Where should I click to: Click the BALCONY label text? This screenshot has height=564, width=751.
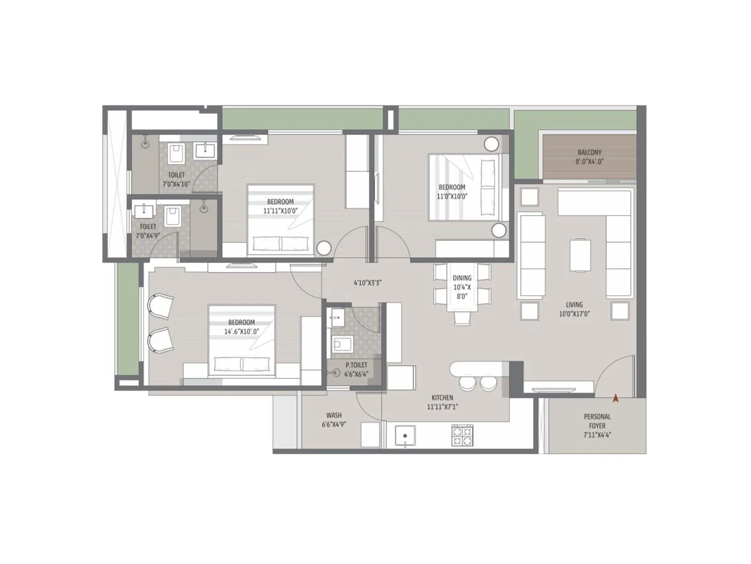pos(589,157)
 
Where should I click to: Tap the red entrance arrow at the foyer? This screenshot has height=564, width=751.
pos(615,398)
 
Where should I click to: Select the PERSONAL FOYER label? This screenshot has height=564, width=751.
pos(597,425)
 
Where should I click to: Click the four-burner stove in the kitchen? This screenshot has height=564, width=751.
pos(462,435)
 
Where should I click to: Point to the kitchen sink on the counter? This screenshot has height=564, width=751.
pos(405,436)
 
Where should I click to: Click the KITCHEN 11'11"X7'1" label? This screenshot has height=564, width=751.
pos(442,402)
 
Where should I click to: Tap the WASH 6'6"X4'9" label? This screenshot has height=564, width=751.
pos(334,420)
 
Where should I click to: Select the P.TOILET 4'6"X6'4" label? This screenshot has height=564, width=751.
pos(356,369)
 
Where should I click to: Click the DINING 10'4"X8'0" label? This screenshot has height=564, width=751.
pos(462,287)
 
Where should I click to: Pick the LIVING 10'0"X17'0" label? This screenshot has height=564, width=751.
pos(574,309)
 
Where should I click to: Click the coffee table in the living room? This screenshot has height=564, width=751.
pos(580,255)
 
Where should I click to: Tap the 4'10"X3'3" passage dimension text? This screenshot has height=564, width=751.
pos(368,283)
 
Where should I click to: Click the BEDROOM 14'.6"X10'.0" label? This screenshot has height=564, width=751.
pos(241,327)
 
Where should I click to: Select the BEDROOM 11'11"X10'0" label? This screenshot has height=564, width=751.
pos(280,206)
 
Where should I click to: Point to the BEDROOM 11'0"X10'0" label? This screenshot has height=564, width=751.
pos(452,192)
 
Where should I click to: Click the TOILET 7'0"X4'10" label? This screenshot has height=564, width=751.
pos(176,180)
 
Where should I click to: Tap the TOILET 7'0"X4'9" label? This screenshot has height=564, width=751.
pos(148,231)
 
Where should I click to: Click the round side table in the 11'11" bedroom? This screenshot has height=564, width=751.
pos(324,248)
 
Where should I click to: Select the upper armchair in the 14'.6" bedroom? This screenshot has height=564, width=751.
pos(160,306)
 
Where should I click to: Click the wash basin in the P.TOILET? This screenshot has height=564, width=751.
pos(337,317)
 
